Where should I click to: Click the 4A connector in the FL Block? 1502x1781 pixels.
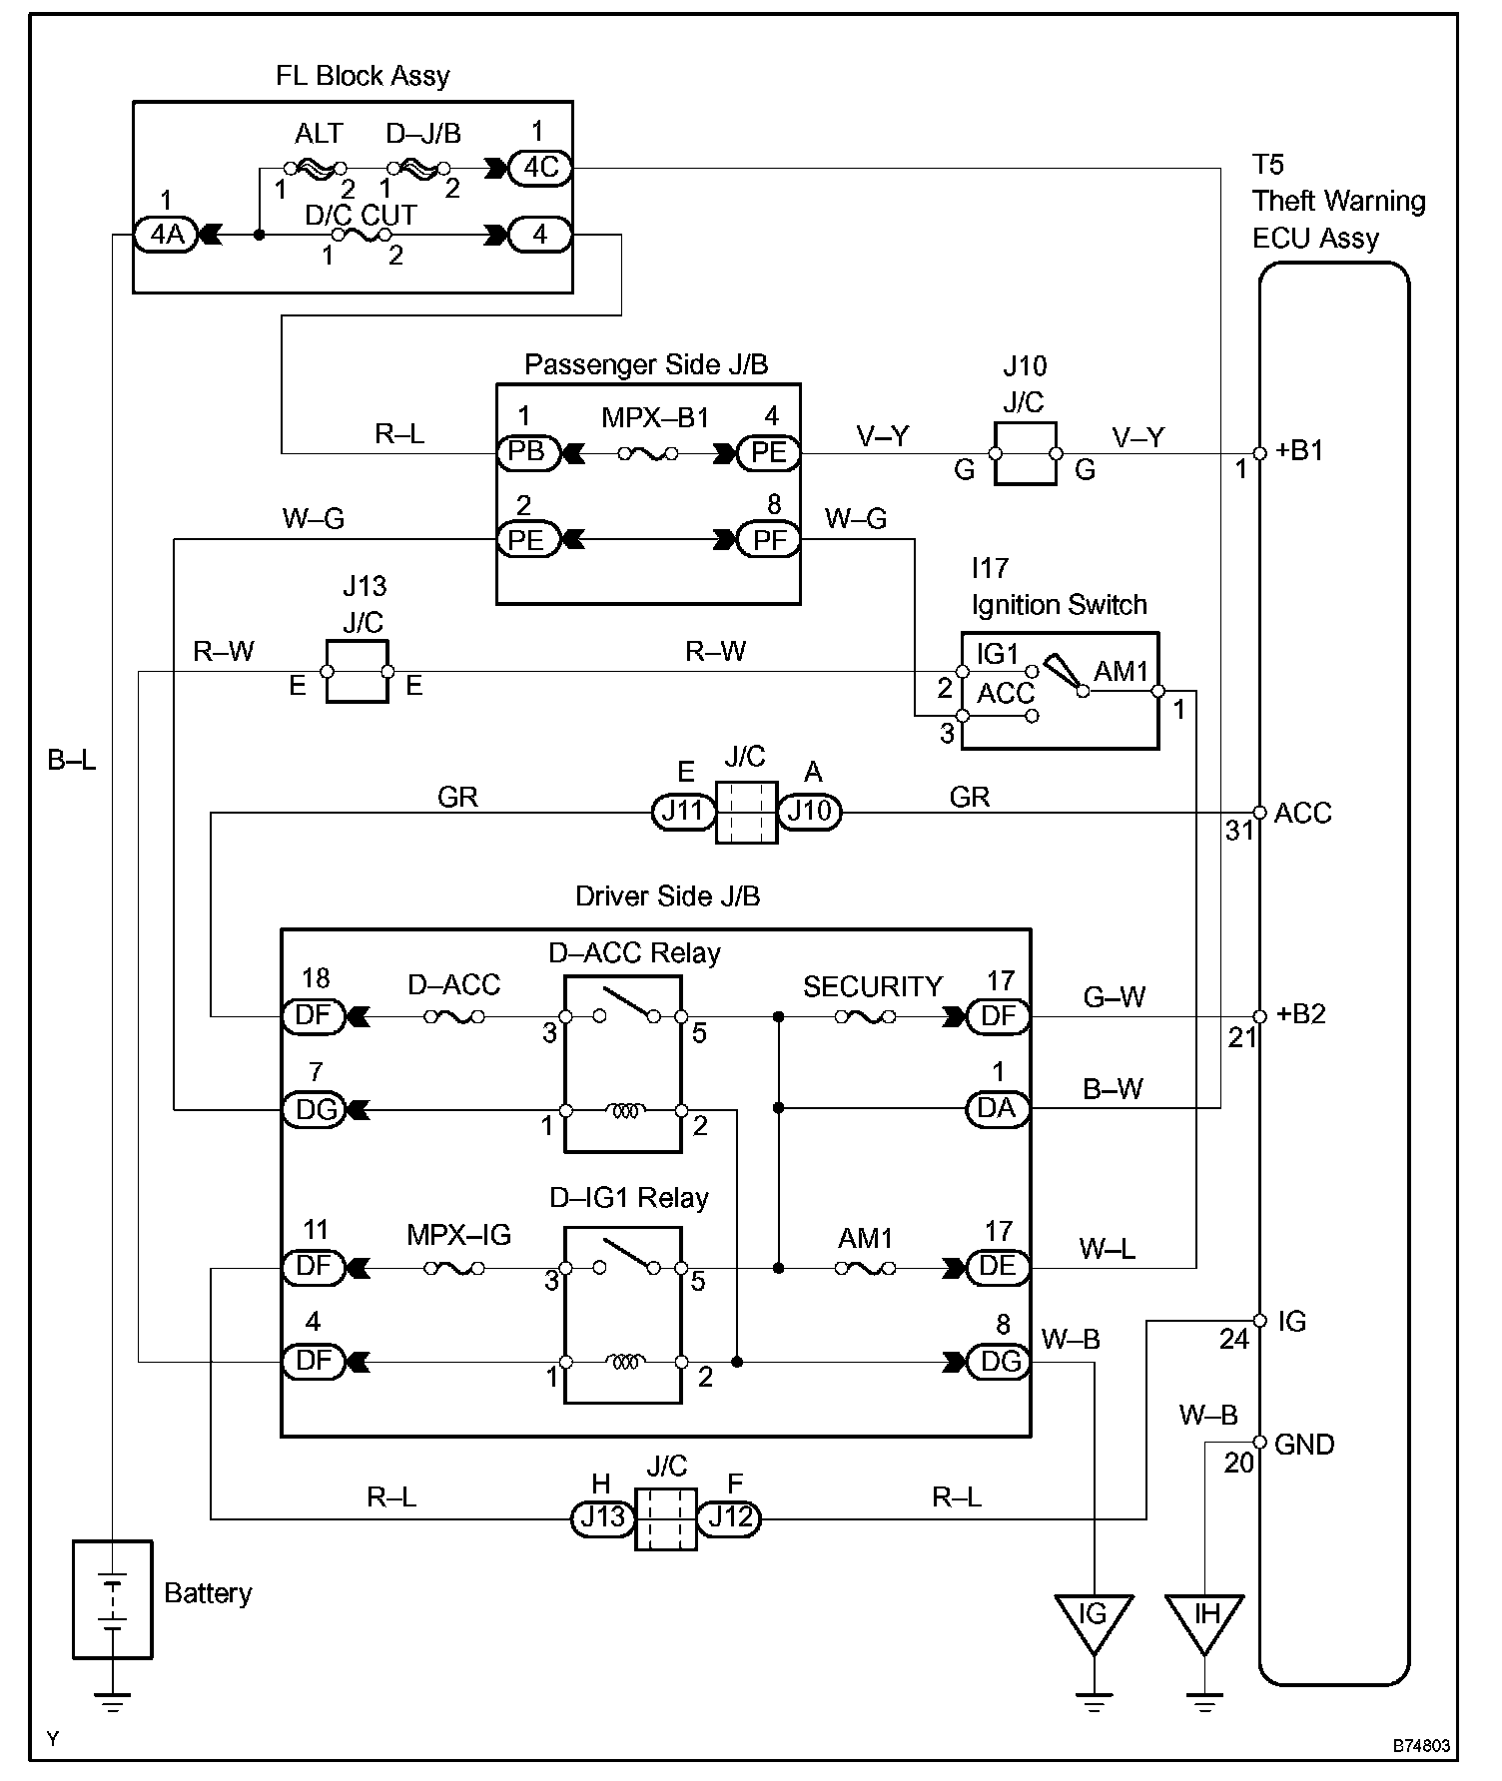[x=167, y=236]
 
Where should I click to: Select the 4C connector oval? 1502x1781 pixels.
[x=540, y=167]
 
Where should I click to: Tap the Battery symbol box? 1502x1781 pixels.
[x=113, y=1599]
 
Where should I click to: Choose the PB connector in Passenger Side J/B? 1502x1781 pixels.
[x=527, y=452]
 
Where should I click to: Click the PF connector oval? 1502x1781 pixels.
[x=769, y=540]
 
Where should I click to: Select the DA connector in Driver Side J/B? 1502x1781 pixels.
[x=997, y=1108]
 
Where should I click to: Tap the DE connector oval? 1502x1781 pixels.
[x=997, y=1267]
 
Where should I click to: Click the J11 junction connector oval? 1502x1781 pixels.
[x=684, y=812]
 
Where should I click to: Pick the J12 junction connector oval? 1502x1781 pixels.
[x=730, y=1518]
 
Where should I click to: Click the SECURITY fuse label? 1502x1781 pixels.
[x=873, y=986]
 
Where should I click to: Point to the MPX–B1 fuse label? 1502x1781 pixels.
[x=655, y=417]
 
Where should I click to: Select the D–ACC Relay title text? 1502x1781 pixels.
[x=635, y=953]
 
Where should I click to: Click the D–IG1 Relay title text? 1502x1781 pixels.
[x=629, y=1198]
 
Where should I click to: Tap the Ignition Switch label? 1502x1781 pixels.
[x=1060, y=605]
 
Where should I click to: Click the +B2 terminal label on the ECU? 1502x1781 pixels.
[x=1301, y=1014]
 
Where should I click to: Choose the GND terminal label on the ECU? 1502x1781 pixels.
[x=1304, y=1444]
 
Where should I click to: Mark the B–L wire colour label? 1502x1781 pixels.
[x=73, y=761]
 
